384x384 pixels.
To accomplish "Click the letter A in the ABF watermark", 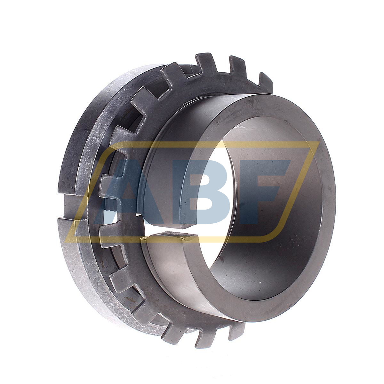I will click(x=128, y=192).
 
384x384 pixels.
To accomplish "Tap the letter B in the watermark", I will click(x=205, y=192).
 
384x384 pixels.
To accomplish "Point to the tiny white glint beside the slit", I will click(x=138, y=214).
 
